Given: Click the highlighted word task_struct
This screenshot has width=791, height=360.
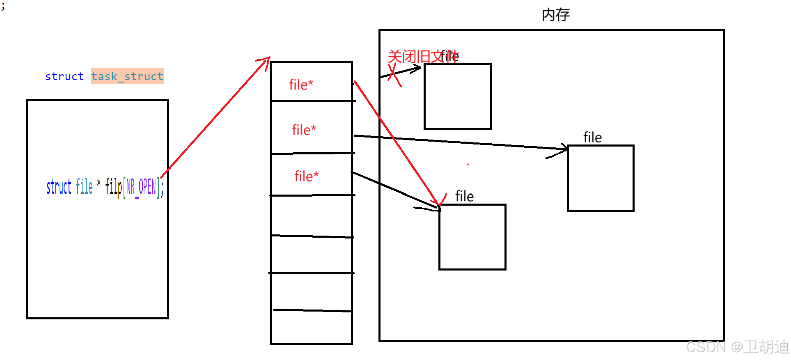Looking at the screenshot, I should [x=127, y=76].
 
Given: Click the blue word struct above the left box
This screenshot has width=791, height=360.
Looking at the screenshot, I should [x=64, y=76].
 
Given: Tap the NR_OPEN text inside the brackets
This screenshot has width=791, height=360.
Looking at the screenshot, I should [x=141, y=187].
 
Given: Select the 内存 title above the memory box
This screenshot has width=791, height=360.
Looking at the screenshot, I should [x=555, y=15].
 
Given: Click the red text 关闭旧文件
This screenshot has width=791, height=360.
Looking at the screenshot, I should [x=423, y=57].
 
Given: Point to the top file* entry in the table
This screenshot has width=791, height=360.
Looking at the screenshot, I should [x=301, y=85].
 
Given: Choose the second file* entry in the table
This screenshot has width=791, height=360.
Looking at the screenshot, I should [x=304, y=130].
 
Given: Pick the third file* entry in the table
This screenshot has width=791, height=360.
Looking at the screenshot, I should [x=306, y=176].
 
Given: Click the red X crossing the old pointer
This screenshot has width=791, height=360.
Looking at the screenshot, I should [x=394, y=76].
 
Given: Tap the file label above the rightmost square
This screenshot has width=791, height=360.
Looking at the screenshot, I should [x=592, y=138].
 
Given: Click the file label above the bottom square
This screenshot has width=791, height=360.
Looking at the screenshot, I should [x=464, y=197].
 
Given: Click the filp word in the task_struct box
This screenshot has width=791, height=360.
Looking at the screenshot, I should [x=113, y=187].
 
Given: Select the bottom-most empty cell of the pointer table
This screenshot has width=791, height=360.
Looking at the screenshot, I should [x=311, y=328].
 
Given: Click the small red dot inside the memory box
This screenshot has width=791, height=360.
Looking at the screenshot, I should [x=468, y=164].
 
